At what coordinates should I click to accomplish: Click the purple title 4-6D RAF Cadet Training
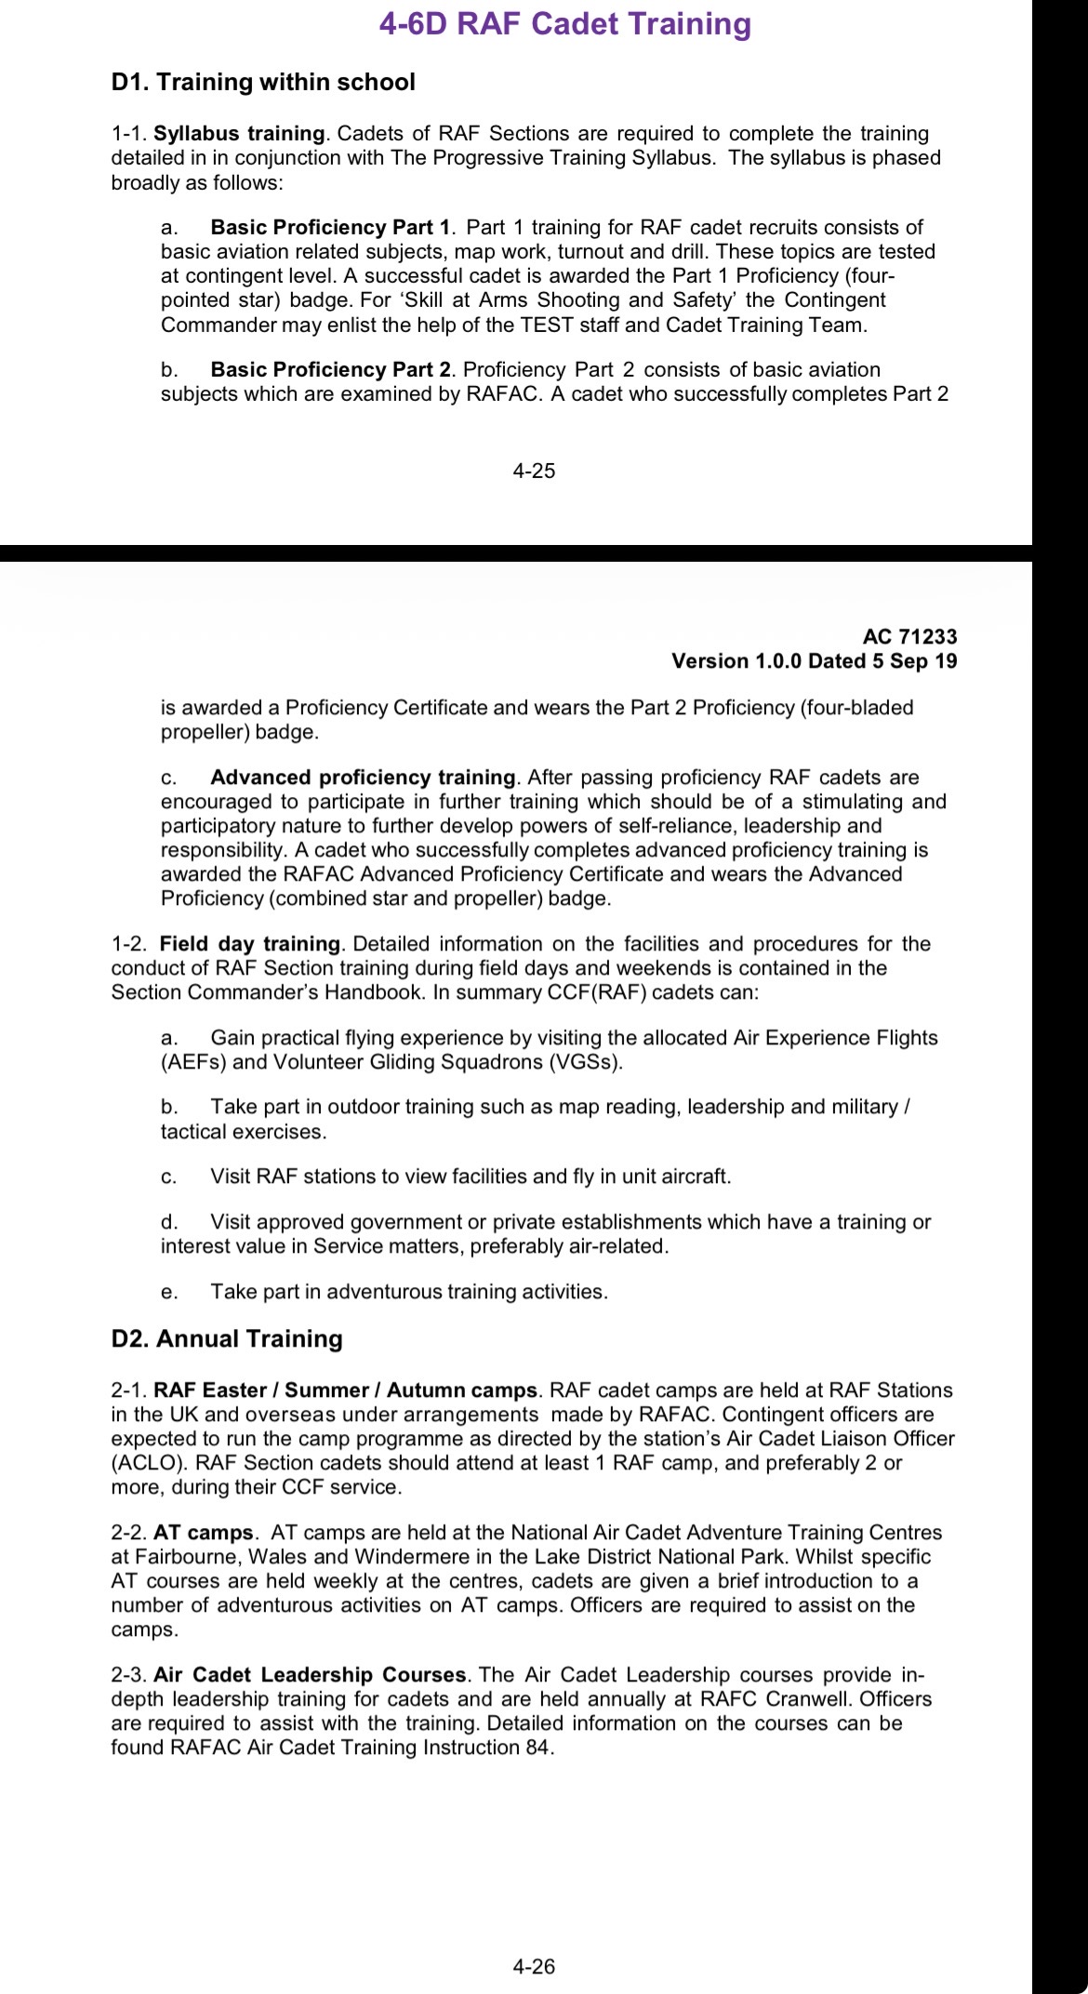point(564,24)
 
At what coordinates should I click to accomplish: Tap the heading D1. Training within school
point(263,83)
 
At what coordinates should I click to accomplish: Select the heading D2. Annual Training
point(227,1339)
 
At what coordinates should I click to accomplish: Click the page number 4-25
point(534,472)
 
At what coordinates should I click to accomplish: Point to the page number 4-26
point(534,1967)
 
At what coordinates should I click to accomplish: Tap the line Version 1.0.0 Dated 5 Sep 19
point(814,661)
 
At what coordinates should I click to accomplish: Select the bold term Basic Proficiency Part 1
point(331,228)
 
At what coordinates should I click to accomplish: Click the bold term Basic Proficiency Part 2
point(331,370)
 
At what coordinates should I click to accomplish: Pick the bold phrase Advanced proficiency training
point(363,778)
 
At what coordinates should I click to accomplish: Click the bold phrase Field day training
point(249,945)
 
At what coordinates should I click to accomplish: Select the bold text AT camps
point(204,1533)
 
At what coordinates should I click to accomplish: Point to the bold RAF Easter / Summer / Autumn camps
point(345,1391)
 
